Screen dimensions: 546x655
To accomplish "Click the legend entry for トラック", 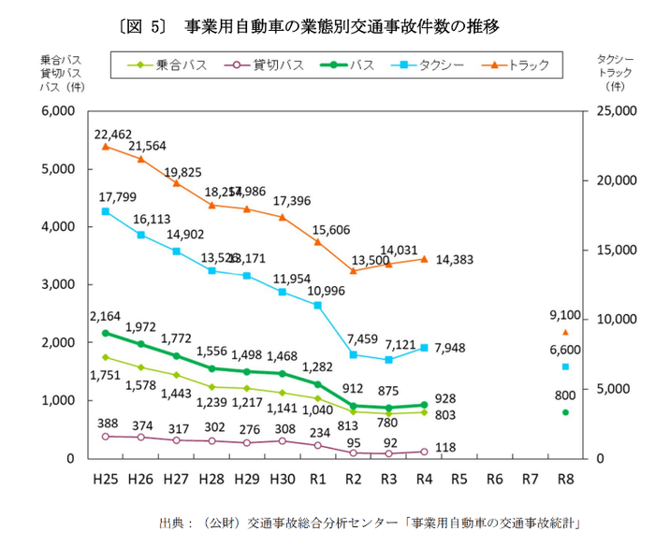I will pyautogui.click(x=524, y=65).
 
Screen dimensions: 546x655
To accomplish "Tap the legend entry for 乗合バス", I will pyautogui.click(x=171, y=65).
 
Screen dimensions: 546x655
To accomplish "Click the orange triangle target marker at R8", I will pyautogui.click(x=565, y=332).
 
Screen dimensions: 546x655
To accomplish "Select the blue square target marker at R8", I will pyautogui.click(x=565, y=366).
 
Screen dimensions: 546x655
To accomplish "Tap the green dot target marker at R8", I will pyautogui.click(x=565, y=412).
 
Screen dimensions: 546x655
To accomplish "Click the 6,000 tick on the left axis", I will pyautogui.click(x=56, y=111).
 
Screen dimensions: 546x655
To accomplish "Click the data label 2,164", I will pyautogui.click(x=105, y=316).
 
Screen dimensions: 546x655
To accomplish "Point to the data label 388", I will pyautogui.click(x=105, y=423).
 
